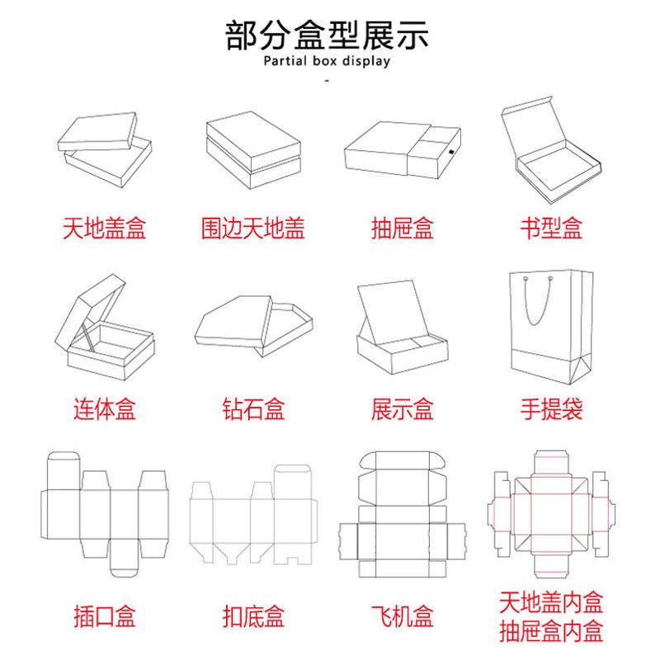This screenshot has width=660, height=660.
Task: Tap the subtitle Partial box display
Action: (x=328, y=62)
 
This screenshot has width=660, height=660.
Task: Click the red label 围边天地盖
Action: (x=253, y=228)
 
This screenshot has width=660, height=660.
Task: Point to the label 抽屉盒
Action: (x=402, y=228)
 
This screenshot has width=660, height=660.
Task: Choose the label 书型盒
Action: (x=551, y=228)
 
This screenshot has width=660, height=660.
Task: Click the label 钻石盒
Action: (x=253, y=408)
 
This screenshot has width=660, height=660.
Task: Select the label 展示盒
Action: (x=402, y=408)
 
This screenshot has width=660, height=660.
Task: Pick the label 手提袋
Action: (x=551, y=408)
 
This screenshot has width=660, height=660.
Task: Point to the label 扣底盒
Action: (x=253, y=615)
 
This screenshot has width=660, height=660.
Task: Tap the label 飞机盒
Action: (x=402, y=615)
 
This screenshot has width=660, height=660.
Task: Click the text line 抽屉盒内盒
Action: (x=551, y=632)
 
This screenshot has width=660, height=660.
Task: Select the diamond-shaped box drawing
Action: (x=254, y=323)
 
